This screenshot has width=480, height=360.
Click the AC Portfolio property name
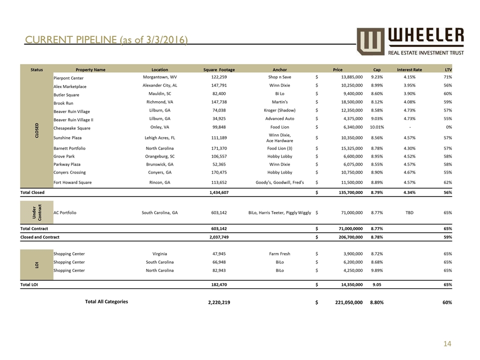pyautogui.click(x=65, y=212)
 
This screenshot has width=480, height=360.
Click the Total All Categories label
pyautogui.click(x=106, y=301)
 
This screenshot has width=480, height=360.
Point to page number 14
pyautogui.click(x=456, y=344)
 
